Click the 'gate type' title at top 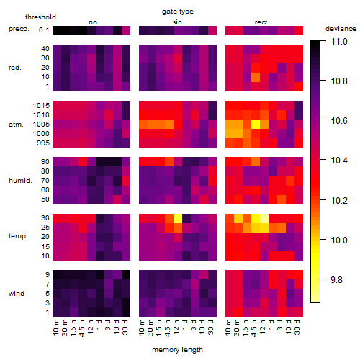(178, 12)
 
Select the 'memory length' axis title (177, 350)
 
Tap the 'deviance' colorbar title (341, 29)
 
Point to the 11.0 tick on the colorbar (339, 42)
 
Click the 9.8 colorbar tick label (336, 279)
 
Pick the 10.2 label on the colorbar (339, 200)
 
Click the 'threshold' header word (40, 17)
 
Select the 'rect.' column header (262, 22)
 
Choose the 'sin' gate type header (177, 22)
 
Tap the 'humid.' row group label (20, 181)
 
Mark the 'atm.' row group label (16, 125)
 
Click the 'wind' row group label (17, 294)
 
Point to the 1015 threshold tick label (41, 106)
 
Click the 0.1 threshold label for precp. (44, 30)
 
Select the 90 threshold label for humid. (45, 162)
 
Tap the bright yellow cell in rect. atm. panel (256, 124)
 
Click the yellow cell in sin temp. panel (178, 218)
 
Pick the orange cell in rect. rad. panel (256, 77)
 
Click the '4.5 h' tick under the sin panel (168, 328)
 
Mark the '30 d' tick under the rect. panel (297, 327)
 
